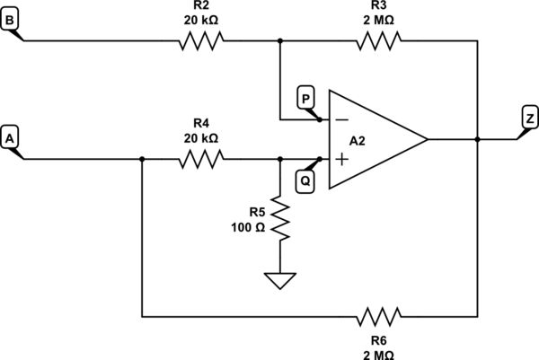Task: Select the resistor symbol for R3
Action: pyautogui.click(x=378, y=40)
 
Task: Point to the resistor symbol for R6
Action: pyautogui.click(x=378, y=316)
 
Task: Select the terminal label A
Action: pyautogui.click(x=11, y=138)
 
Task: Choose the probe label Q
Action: pyautogui.click(x=305, y=179)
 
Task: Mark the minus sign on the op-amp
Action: pyautogui.click(x=341, y=119)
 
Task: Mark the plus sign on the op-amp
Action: pyautogui.click(x=341, y=159)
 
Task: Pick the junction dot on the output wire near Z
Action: pyautogui.click(x=477, y=139)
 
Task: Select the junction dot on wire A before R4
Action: pyautogui.click(x=142, y=159)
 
